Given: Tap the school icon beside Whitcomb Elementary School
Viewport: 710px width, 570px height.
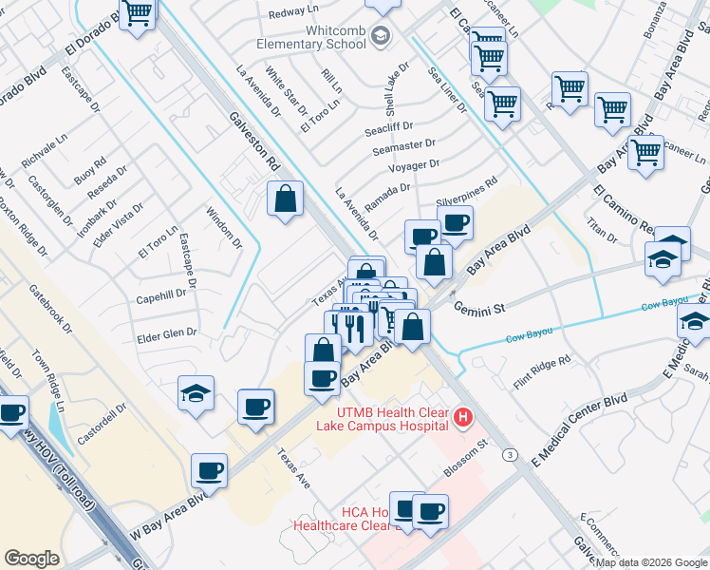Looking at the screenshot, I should [381, 37].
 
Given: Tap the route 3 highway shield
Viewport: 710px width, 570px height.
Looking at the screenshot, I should [511, 456].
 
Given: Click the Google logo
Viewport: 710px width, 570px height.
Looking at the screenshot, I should [32, 558].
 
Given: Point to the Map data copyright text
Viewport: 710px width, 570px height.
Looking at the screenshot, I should [651, 562].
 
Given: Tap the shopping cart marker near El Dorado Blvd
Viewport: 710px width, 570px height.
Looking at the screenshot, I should [138, 14].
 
